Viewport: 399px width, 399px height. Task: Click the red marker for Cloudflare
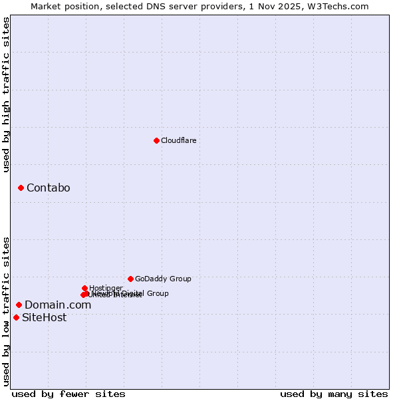(x=156, y=140)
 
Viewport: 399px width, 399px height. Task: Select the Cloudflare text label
(x=178, y=140)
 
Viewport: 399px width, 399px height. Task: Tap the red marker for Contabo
(x=21, y=188)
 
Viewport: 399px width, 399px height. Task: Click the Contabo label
(x=48, y=188)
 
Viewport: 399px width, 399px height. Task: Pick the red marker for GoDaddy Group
(x=130, y=279)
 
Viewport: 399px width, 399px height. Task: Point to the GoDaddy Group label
(x=163, y=279)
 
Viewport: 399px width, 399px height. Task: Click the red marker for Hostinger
(x=84, y=288)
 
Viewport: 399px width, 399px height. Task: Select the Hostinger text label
(x=106, y=288)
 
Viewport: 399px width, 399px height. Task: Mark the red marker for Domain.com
(x=19, y=305)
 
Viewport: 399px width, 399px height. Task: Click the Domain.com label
(x=58, y=305)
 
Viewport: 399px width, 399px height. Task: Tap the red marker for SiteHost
(x=16, y=317)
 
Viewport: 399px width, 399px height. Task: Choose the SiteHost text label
(x=44, y=318)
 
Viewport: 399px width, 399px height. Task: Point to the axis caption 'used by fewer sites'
(x=68, y=394)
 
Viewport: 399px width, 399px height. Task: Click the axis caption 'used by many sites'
(x=334, y=394)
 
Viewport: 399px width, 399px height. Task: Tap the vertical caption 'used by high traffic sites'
(x=6, y=94)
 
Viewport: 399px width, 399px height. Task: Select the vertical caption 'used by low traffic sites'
(x=6, y=311)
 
